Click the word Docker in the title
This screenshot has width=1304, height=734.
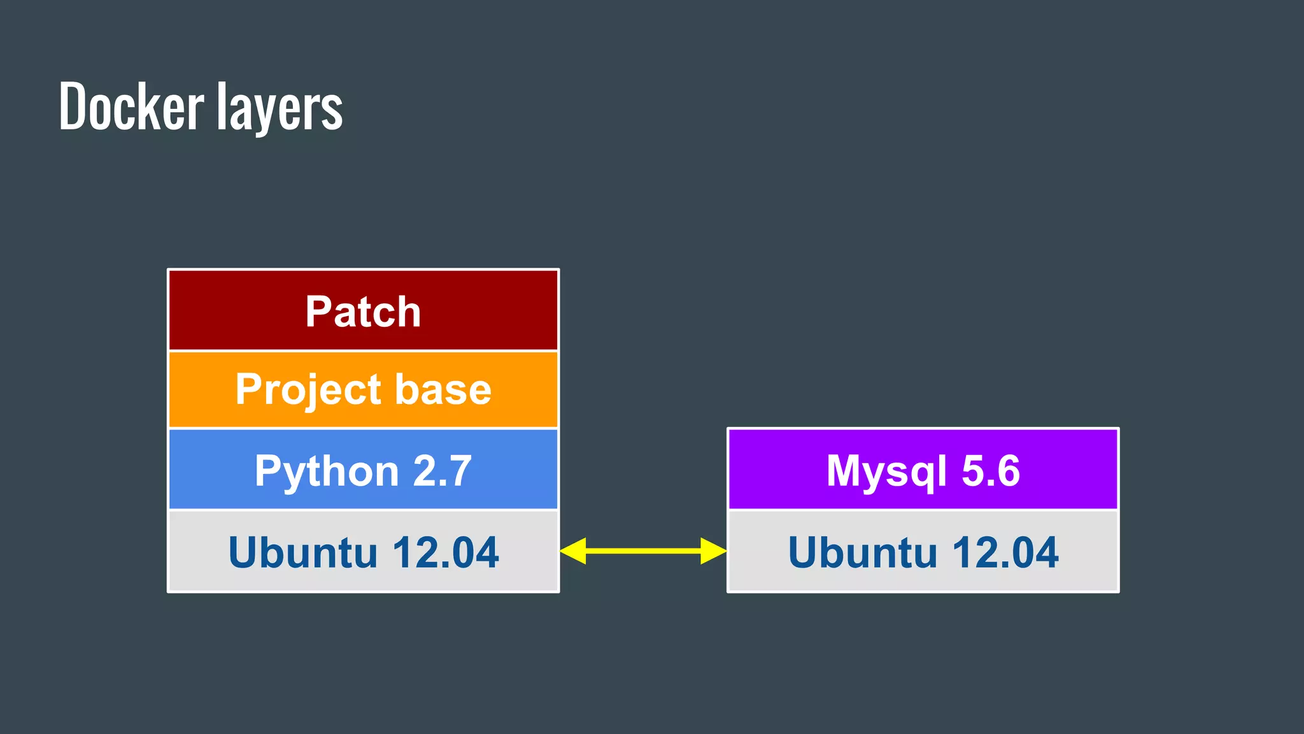pyautogui.click(x=131, y=106)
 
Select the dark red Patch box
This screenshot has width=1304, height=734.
pyautogui.click(x=363, y=311)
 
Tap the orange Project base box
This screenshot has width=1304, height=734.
pyautogui.click(x=363, y=389)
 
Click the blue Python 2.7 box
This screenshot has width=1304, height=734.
pyautogui.click(x=363, y=470)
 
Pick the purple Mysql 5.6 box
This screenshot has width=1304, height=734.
pyautogui.click(x=923, y=470)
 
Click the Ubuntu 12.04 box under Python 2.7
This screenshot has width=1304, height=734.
pyautogui.click(x=363, y=552)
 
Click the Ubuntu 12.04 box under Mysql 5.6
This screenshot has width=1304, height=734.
pyautogui.click(x=923, y=552)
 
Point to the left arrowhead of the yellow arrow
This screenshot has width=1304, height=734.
pyautogui.click(x=573, y=550)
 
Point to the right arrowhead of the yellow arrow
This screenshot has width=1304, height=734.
pyautogui.click(x=713, y=550)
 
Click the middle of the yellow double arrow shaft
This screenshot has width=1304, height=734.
pyautogui.click(x=643, y=550)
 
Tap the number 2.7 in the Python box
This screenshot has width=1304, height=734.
pyautogui.click(x=442, y=471)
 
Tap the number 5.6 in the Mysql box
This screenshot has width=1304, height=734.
pyautogui.click(x=990, y=471)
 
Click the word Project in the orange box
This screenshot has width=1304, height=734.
pyautogui.click(x=308, y=390)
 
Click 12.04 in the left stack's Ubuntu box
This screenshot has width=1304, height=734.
pyautogui.click(x=445, y=552)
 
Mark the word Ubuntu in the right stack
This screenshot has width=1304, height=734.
pyautogui.click(x=862, y=552)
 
